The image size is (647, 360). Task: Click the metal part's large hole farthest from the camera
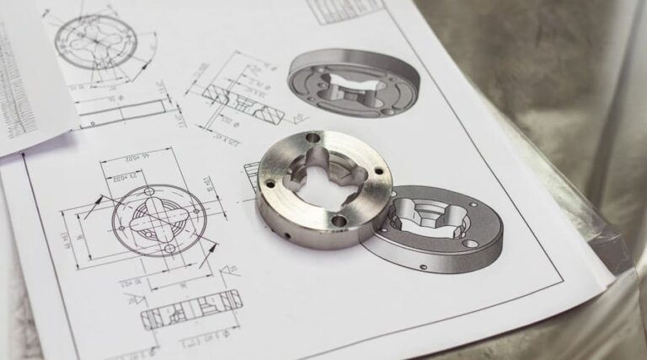pos(312,137)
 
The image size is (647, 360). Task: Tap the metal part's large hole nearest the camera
pos(340,221)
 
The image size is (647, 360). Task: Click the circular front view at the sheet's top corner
pos(96,40)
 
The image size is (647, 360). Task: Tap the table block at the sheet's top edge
pos(345,9)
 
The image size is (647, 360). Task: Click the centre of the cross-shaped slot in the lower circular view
pos(157,221)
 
